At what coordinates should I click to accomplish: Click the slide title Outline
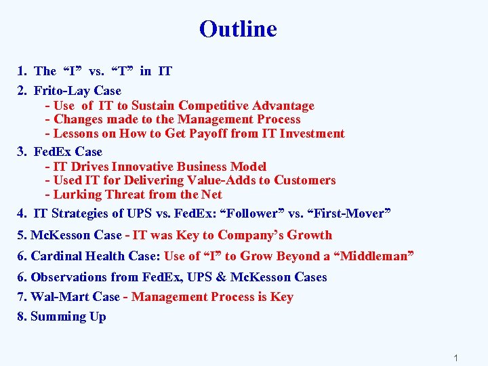pos(238,29)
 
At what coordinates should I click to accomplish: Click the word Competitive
pos(213,106)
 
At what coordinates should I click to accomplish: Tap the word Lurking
pos(75,195)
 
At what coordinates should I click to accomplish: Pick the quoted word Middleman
pos(376,256)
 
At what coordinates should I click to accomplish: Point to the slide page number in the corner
pos(456,357)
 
